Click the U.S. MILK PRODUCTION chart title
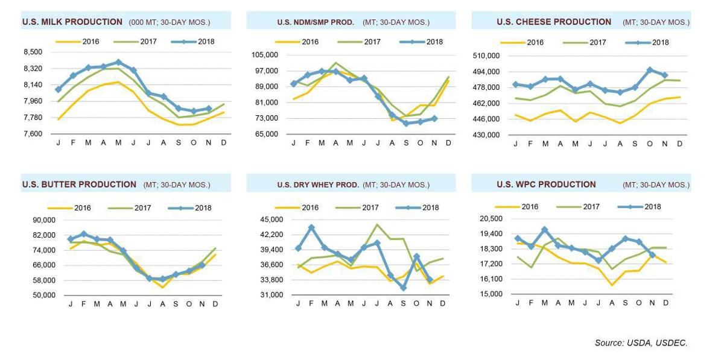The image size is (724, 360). pyautogui.click(x=72, y=22)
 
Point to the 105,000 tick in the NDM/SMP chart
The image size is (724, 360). pyautogui.click(x=265, y=55)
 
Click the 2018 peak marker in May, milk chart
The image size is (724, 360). pyautogui.click(x=118, y=62)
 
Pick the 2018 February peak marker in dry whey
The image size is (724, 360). pyautogui.click(x=311, y=228)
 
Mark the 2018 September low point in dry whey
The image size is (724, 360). pyautogui.click(x=404, y=288)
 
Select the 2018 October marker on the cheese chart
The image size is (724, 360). pyautogui.click(x=650, y=70)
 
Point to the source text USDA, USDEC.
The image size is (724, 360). pyautogui.click(x=641, y=343)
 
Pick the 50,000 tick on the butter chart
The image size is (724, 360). pyautogui.click(x=44, y=295)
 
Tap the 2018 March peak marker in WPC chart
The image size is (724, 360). pyautogui.click(x=545, y=230)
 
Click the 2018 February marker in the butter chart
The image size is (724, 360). pyautogui.click(x=84, y=233)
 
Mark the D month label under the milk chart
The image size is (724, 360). pyautogui.click(x=224, y=142)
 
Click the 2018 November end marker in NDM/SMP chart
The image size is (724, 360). pyautogui.click(x=434, y=119)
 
